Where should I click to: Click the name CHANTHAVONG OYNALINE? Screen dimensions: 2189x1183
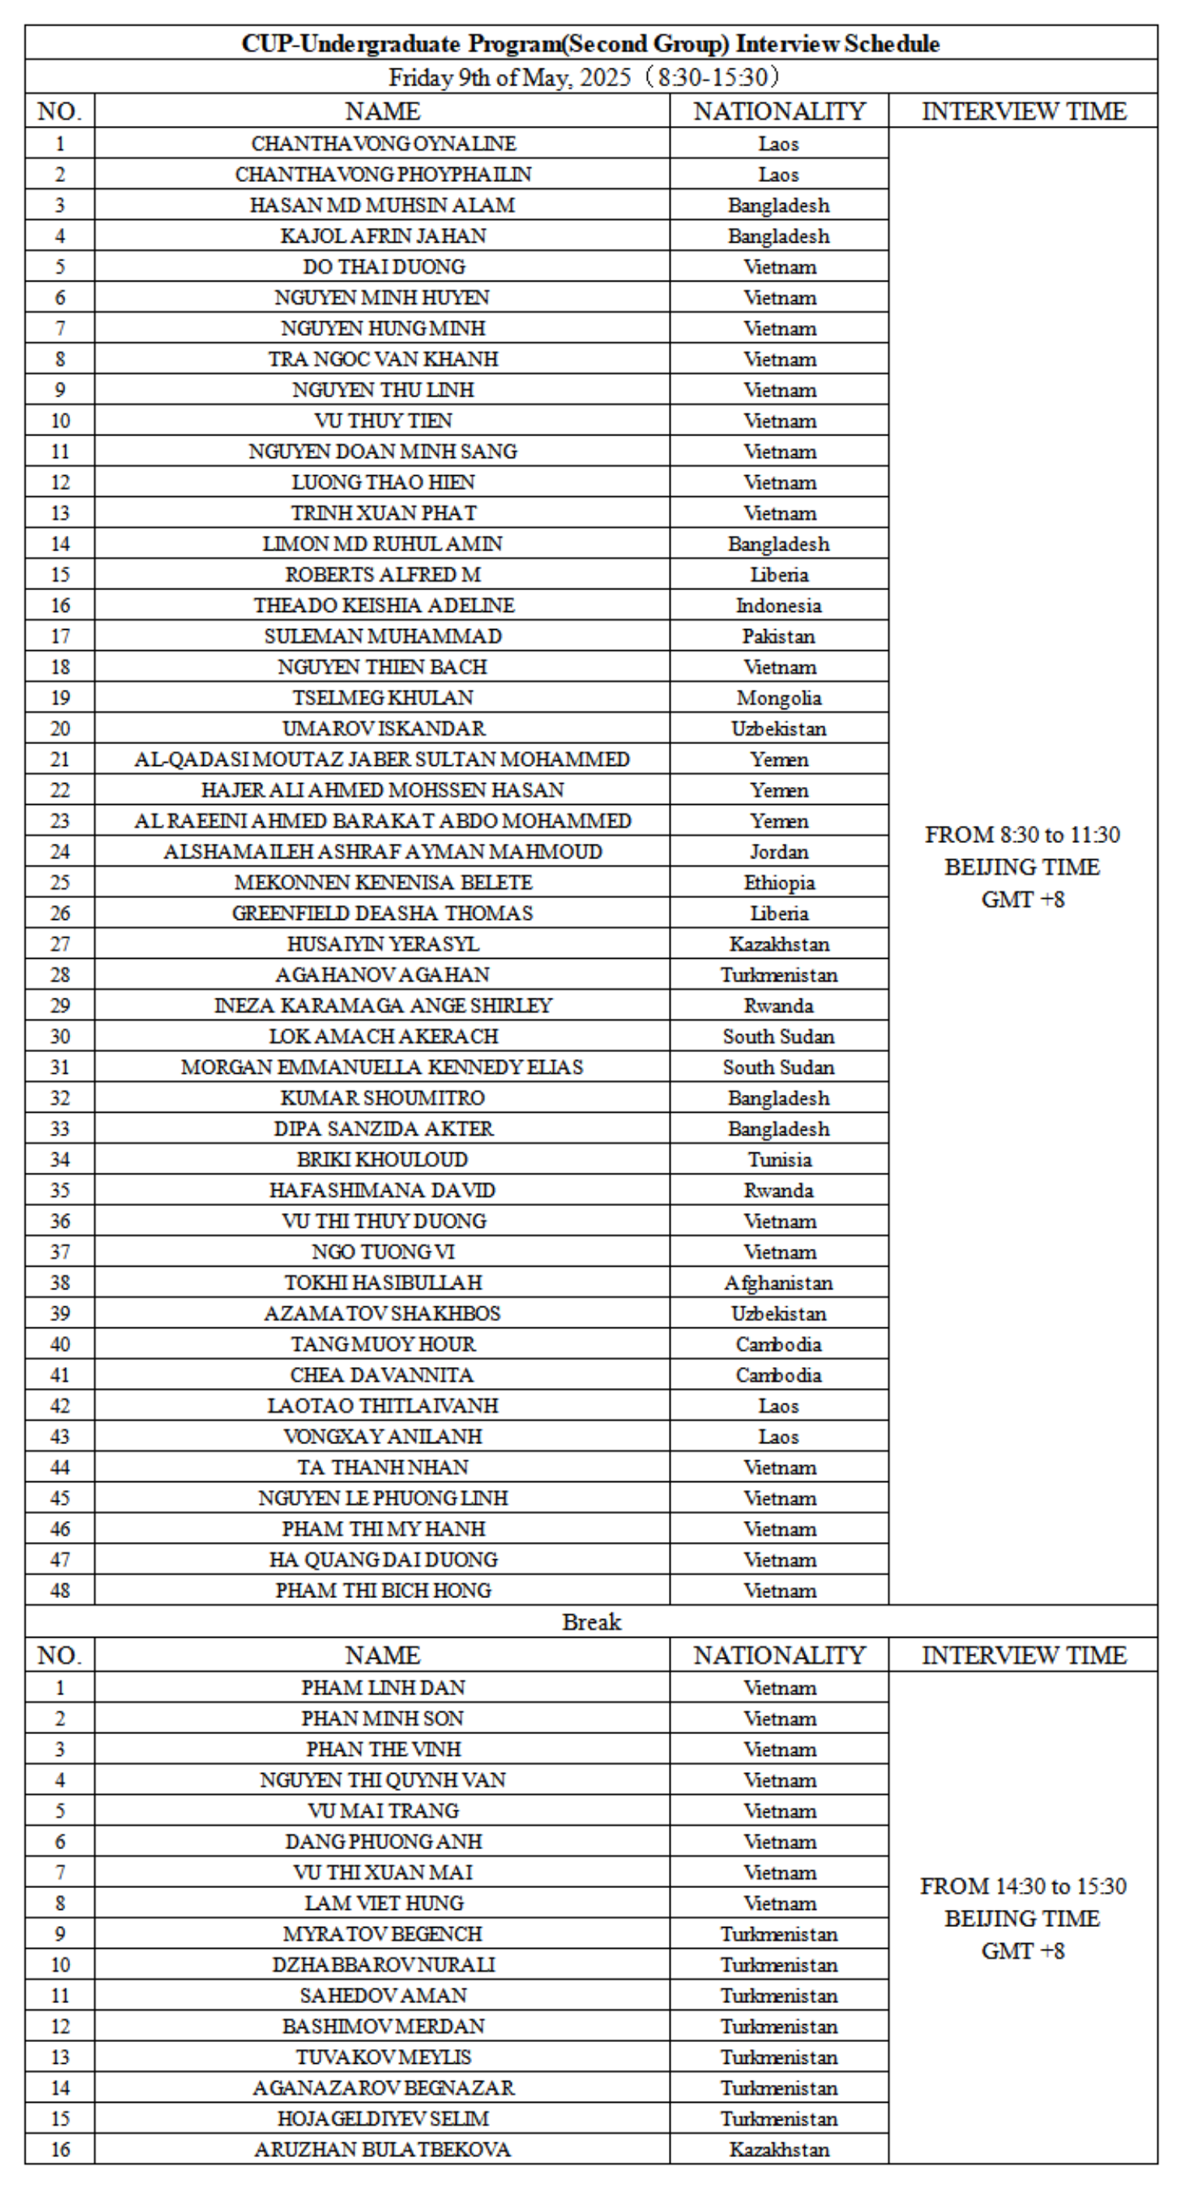pos(383,144)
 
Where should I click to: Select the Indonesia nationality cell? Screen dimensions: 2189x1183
pos(779,605)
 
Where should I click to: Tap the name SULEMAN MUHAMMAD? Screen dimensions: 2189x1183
pos(383,635)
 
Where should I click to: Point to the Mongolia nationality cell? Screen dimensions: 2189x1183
pos(779,698)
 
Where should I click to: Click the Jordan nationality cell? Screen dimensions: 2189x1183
pos(779,851)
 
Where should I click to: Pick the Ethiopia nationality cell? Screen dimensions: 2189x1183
pos(779,882)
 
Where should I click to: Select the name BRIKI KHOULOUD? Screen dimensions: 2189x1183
pos(383,1159)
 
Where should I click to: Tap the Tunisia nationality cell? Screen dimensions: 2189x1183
pos(779,1159)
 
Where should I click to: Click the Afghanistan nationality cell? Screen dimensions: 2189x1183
pos(779,1282)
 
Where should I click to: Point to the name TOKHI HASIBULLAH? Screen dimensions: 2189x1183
pos(383,1282)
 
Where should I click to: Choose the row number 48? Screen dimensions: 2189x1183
pos(59,1590)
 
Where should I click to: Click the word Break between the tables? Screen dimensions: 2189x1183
pos(591,1621)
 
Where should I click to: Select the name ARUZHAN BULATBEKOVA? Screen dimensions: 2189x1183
pos(383,2149)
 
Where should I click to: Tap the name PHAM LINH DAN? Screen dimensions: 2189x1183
pos(383,1687)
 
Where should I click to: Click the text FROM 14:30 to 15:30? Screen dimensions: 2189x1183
pos(1024,1886)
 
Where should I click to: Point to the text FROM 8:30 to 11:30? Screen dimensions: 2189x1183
pos(1024,834)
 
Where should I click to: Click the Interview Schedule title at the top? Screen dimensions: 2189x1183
pos(591,44)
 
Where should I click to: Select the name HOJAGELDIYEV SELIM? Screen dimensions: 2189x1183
pos(383,2118)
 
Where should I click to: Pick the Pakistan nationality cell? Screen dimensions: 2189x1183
pos(779,635)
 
